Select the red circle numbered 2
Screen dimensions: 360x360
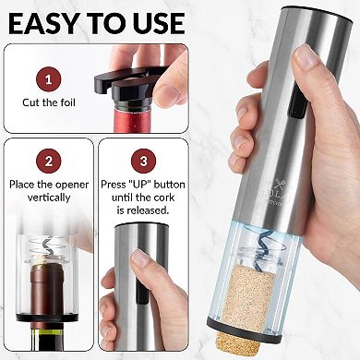point(48,163)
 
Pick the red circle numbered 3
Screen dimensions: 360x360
point(142,163)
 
